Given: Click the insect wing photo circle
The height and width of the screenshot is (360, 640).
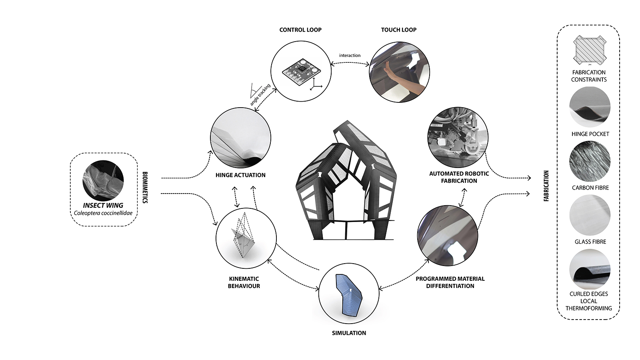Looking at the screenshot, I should pyautogui.click(x=103, y=180).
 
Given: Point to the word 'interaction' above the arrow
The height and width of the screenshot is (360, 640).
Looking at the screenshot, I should pyautogui.click(x=350, y=55).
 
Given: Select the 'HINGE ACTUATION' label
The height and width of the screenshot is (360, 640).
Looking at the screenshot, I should pyautogui.click(x=240, y=175).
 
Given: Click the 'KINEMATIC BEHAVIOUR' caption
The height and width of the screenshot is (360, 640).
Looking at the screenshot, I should pyautogui.click(x=244, y=282).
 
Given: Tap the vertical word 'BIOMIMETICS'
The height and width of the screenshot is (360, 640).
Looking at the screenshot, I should pyautogui.click(x=145, y=188).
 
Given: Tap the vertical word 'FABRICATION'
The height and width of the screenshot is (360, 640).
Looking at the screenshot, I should pyautogui.click(x=546, y=186).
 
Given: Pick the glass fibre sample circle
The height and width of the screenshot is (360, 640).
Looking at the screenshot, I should pyautogui.click(x=590, y=215).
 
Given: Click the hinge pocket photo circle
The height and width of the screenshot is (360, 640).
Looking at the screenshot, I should pyautogui.click(x=590, y=107).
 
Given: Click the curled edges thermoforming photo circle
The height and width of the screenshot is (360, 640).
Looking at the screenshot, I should pyautogui.click(x=590, y=269).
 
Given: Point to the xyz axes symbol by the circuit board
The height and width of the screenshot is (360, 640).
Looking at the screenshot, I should pyautogui.click(x=317, y=84).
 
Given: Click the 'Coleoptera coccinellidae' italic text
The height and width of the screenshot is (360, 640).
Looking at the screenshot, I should pyautogui.click(x=103, y=213).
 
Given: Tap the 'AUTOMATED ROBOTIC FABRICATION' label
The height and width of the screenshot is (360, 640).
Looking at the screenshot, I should pyautogui.click(x=459, y=177).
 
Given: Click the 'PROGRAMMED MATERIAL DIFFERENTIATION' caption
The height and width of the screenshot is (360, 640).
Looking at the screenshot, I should pyautogui.click(x=450, y=282).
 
